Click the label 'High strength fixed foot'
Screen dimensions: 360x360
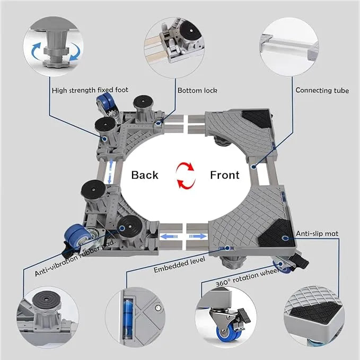click(90, 90)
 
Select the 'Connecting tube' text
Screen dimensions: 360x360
click(322, 91)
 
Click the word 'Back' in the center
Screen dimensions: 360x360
click(145, 174)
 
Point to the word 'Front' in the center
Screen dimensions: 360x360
click(225, 174)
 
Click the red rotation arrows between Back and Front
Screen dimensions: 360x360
click(185, 175)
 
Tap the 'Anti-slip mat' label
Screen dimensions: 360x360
click(317, 233)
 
